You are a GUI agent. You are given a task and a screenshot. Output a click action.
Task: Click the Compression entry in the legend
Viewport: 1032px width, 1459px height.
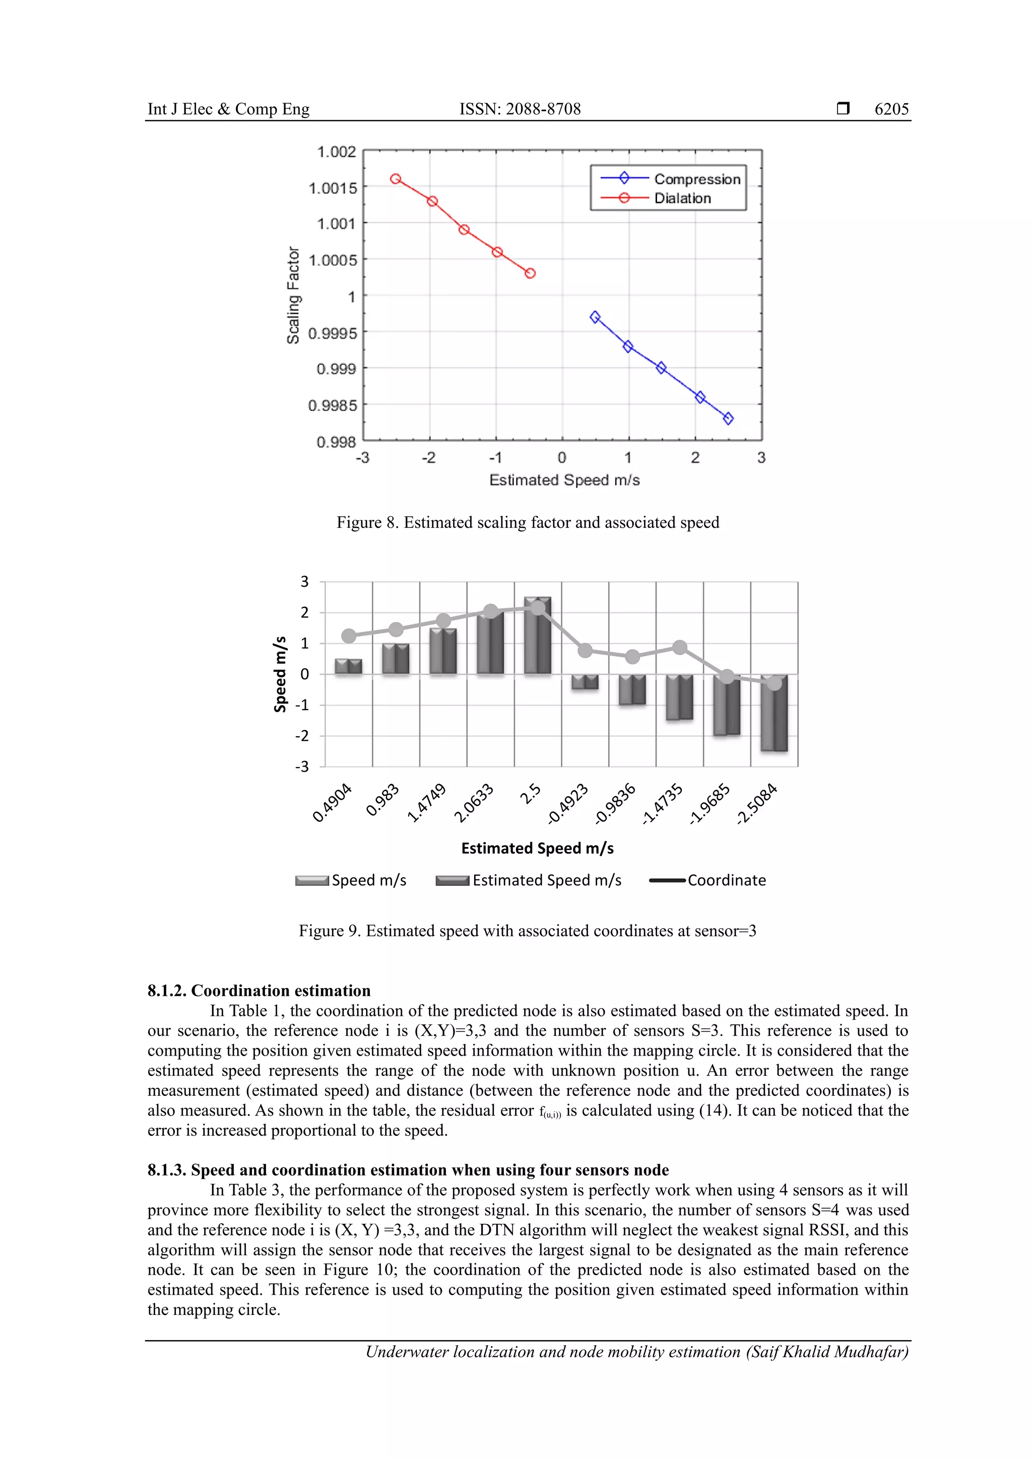tap(696, 179)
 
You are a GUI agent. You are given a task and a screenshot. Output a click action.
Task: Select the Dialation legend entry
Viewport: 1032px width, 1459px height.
tap(682, 198)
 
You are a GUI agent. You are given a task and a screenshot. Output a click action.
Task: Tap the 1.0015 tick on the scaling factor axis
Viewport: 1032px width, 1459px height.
tap(333, 188)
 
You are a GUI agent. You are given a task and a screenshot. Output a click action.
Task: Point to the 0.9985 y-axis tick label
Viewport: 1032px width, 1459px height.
tap(333, 405)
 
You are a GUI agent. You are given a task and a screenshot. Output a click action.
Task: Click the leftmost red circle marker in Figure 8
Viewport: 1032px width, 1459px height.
tap(396, 179)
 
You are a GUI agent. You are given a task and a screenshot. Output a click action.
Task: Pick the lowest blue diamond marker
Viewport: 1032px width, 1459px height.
tap(728, 418)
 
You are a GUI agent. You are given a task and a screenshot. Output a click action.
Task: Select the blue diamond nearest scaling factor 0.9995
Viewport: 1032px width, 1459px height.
tap(595, 317)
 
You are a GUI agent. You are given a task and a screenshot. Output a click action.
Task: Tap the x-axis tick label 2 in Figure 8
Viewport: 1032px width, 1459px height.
tap(695, 457)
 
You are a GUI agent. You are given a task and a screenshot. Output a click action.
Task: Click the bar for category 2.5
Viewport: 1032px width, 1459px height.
tap(537, 636)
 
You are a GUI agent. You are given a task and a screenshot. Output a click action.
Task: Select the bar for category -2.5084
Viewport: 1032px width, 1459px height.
tap(774, 713)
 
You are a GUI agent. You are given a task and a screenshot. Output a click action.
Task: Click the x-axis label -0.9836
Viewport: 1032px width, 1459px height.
tap(615, 804)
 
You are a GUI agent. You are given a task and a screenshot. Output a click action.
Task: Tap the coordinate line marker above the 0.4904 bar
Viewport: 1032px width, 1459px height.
tap(348, 636)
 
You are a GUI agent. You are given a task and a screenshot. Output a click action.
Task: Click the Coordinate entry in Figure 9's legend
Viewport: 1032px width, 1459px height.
tap(726, 880)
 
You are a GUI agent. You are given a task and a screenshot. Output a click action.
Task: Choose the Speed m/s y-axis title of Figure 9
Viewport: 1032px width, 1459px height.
tap(280, 674)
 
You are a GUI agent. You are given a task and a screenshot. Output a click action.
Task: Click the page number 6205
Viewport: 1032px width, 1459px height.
tap(891, 109)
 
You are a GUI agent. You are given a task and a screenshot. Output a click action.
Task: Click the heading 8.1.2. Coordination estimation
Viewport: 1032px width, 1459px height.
tap(259, 991)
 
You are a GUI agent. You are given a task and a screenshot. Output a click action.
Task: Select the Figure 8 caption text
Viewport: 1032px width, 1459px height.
tap(527, 522)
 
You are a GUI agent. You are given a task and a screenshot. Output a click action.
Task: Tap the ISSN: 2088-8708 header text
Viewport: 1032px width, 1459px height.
tap(520, 109)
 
